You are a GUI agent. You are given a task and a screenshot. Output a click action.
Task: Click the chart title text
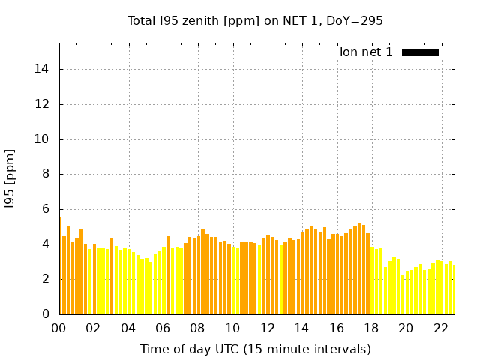[255, 21]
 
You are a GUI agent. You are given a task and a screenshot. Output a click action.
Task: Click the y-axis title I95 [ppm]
[10, 178]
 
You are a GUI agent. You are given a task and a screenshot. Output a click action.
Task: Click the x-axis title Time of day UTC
[255, 349]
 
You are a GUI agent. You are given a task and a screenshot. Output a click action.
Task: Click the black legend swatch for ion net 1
[420, 52]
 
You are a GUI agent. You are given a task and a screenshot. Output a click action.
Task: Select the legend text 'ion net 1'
[366, 52]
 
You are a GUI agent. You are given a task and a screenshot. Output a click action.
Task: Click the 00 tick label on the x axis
[59, 328]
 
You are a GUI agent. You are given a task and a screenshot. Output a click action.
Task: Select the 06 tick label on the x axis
[163, 328]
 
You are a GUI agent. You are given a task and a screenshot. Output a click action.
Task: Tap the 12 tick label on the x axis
[268, 328]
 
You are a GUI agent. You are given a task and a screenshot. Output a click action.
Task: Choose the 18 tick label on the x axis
[371, 328]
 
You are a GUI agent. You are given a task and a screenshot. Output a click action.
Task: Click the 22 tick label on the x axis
[441, 328]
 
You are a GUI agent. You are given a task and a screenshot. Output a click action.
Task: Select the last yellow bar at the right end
[451, 289]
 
